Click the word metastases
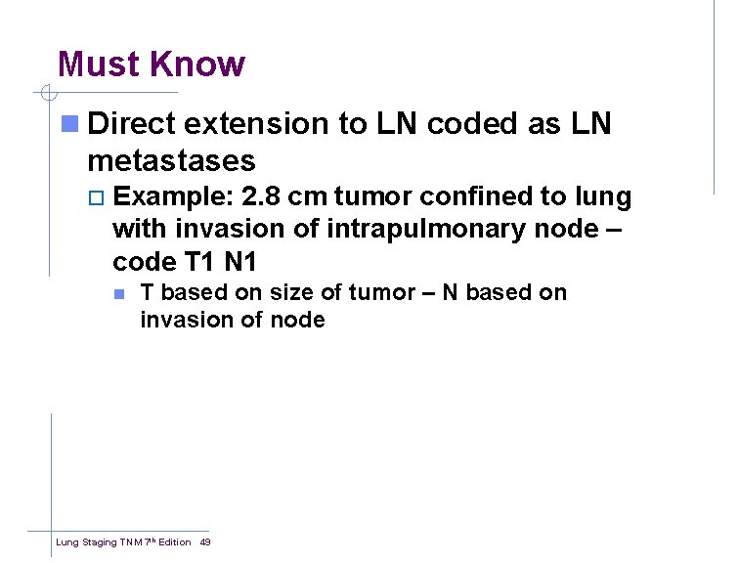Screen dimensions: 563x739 (x=171, y=159)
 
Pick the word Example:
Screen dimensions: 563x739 (x=172, y=197)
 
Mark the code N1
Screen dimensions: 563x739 (x=251, y=263)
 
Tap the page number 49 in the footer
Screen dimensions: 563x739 (x=205, y=541)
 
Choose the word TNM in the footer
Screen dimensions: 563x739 (x=132, y=541)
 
